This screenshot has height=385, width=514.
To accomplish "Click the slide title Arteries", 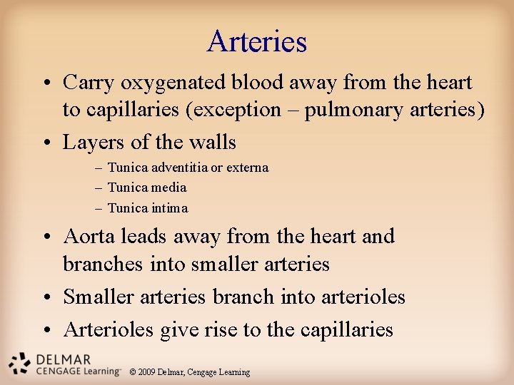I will (257, 41).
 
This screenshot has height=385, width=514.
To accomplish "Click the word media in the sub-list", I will (169, 188).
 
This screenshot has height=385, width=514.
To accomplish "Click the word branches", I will (104, 264).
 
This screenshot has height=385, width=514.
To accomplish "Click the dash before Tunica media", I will (97, 188).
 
